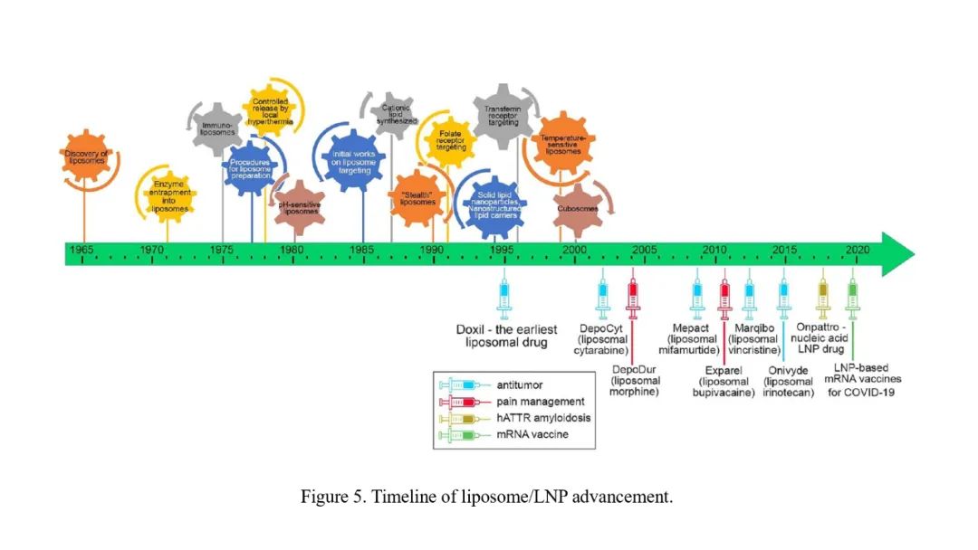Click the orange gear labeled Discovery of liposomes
(x=85, y=157)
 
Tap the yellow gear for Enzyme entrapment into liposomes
(x=168, y=196)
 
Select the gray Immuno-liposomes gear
(x=218, y=128)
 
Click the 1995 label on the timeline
(x=503, y=249)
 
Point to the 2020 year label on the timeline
(x=857, y=249)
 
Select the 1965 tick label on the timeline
(x=82, y=249)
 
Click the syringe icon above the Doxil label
(x=504, y=295)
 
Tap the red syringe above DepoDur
(x=633, y=295)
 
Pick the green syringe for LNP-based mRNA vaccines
(x=851, y=295)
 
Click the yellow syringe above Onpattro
(x=822, y=295)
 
